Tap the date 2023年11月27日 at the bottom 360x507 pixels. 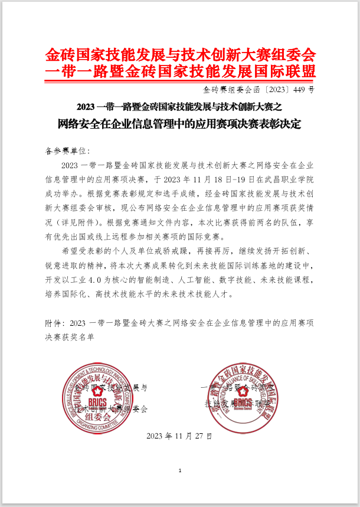178,436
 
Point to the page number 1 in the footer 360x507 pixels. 179,470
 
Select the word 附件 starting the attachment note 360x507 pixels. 54,323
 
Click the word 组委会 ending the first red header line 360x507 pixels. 294,55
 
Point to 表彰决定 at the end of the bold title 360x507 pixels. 281,124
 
